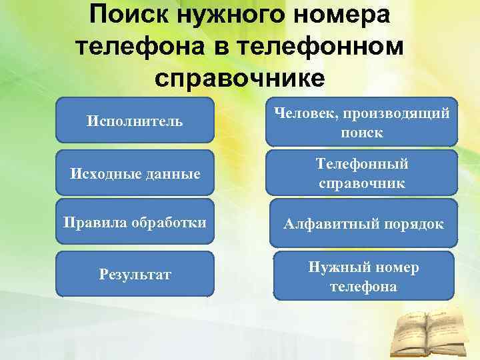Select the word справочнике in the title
tap(240, 75)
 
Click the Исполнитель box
tap(135, 121)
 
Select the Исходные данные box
tap(135, 173)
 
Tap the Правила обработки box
tap(135, 221)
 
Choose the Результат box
tap(135, 273)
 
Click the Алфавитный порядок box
tap(363, 224)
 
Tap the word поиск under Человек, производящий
tap(362, 133)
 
